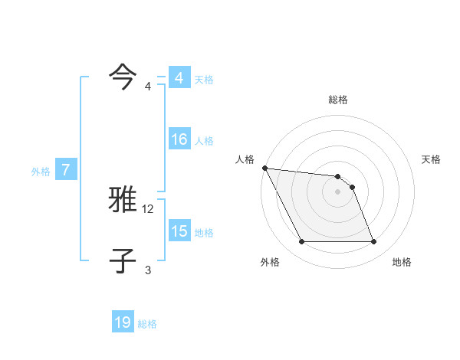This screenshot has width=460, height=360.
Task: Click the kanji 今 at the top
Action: coord(123,75)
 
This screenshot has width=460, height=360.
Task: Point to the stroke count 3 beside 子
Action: coord(148,269)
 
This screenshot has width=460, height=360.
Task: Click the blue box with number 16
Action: coord(179,139)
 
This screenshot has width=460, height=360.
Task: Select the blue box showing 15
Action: coord(179,231)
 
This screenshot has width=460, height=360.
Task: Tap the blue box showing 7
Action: coord(66,171)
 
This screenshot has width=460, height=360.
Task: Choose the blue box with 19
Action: coord(123,322)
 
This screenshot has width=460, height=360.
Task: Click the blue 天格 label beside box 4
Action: coord(203,79)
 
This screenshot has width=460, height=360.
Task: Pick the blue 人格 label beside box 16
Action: coord(203,141)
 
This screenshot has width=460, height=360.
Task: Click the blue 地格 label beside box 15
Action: coord(203,233)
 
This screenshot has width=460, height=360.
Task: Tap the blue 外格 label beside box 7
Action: coord(41,172)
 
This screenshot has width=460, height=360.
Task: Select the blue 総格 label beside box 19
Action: coord(147,324)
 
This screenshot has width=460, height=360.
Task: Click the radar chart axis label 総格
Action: coord(338,100)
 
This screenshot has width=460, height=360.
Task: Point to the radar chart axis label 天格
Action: coord(431,159)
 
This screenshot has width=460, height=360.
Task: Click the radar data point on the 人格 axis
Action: coord(264,168)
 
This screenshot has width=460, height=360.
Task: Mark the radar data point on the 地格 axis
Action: coord(373,242)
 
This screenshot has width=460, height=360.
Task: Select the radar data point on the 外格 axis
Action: coord(301,242)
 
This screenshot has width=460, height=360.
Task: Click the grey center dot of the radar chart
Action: coord(337,191)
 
